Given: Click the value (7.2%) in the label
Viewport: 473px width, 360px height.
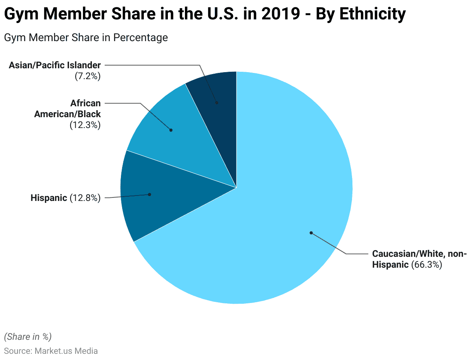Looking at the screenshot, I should tap(88, 76).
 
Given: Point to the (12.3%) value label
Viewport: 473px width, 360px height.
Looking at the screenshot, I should tap(85, 125).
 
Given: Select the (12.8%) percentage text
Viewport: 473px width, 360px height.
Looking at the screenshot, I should tap(85, 198).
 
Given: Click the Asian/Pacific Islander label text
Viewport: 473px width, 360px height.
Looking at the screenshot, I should tap(55, 65).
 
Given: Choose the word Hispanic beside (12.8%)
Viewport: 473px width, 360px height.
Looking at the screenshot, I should tap(49, 198).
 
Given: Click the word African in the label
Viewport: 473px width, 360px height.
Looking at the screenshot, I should tap(85, 103).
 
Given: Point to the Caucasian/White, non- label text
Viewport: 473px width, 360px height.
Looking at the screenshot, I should tap(419, 254).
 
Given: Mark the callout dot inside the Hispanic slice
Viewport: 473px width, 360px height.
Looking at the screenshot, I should tap(150, 194).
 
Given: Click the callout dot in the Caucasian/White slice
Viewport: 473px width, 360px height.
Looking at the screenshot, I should tap(311, 233).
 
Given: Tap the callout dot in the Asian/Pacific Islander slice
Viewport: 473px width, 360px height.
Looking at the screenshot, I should tap(217, 103).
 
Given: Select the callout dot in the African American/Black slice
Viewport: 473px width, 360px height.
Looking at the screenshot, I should tap(171, 130).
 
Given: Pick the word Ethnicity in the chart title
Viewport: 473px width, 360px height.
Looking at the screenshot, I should tap(372, 14).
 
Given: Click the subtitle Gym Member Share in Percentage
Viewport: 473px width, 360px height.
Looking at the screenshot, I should tap(86, 38).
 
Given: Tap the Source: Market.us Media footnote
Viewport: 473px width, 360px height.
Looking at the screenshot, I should tap(51, 351).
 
